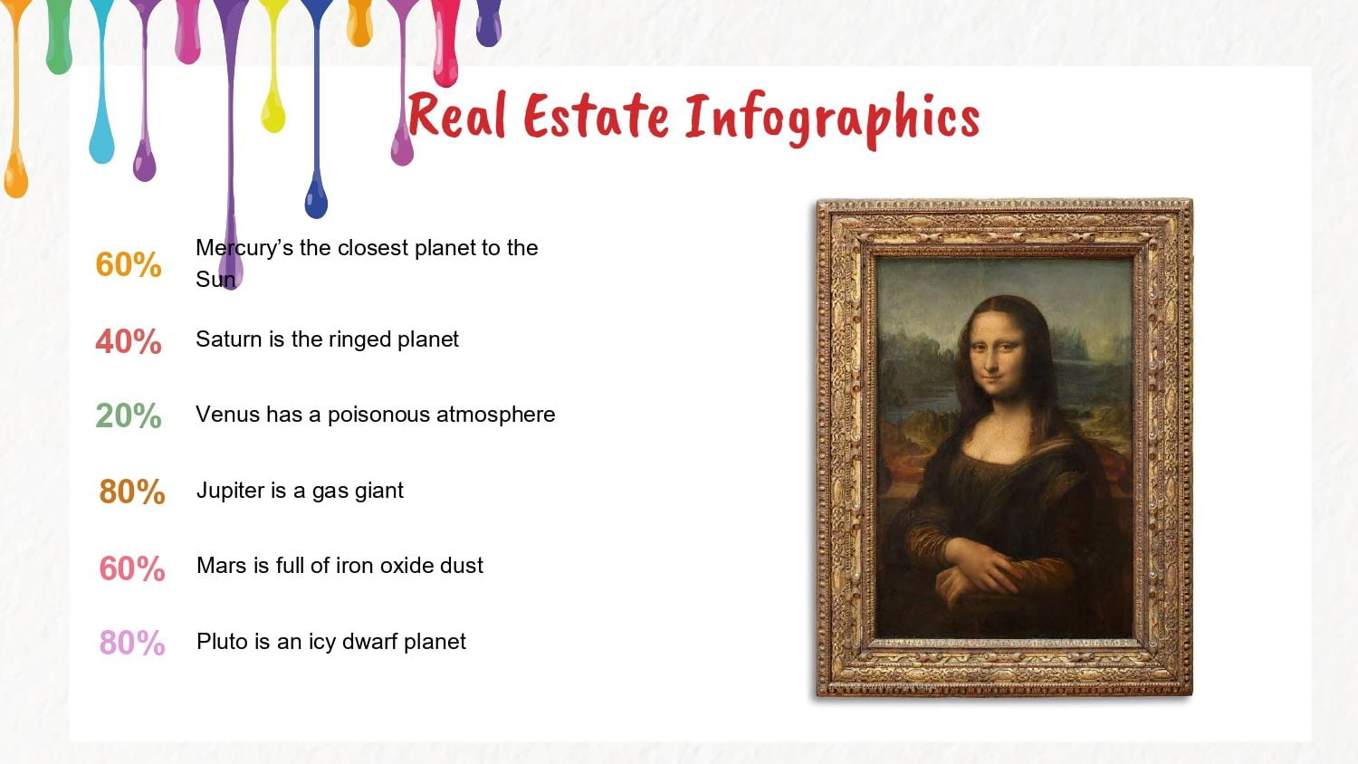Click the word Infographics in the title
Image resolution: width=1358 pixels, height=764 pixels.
tap(832, 119)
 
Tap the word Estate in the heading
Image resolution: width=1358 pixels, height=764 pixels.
tap(597, 117)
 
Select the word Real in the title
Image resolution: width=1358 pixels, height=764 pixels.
tap(457, 115)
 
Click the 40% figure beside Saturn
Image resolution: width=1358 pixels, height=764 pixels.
tap(129, 341)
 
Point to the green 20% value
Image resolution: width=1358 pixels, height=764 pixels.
tap(129, 416)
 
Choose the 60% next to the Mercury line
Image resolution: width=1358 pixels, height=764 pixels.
tap(129, 265)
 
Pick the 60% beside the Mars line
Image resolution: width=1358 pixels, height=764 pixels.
tap(132, 568)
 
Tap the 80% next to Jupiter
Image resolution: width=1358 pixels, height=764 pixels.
tap(132, 492)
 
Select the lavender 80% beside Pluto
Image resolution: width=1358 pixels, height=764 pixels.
tap(132, 644)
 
